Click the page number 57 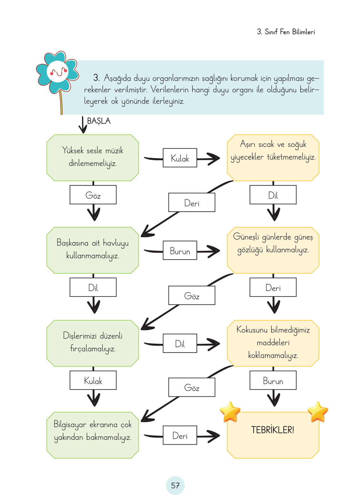pos(175,485)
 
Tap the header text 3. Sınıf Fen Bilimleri pos(286,32)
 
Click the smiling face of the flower pos(58,72)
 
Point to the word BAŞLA pos(99,121)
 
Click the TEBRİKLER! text pos(273,430)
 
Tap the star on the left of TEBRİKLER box pos(230,412)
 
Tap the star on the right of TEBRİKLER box pos(318,412)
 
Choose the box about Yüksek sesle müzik pos(93,157)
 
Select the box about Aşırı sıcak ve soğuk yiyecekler pos(273,157)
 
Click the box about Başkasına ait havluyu pos(93,250)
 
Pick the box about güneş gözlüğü pos(273,250)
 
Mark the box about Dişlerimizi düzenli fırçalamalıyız pos(93,343)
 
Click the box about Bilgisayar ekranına pos(93,435)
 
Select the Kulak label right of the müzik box pos(180,158)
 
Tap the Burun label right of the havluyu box pos(180,251)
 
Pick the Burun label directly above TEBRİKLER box pos(273,381)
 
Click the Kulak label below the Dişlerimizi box pos(93,381)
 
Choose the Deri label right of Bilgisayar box pos(180,435)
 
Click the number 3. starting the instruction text pos(97,77)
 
